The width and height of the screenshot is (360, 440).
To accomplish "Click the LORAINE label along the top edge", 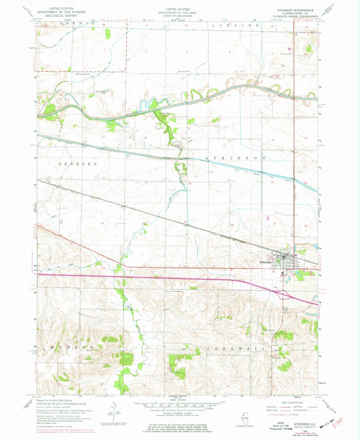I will coord(234,26).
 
